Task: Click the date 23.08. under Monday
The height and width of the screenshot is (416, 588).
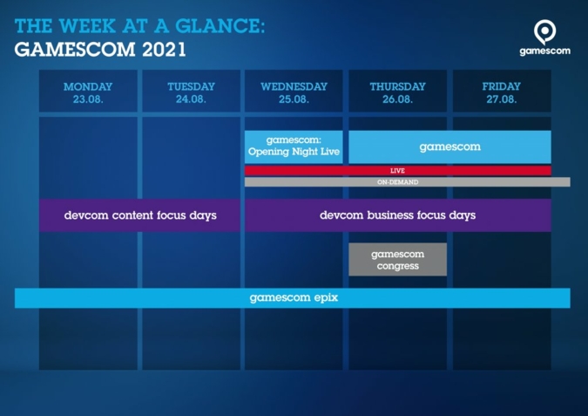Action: click(88, 99)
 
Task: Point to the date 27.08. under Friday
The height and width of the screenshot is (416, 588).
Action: click(501, 99)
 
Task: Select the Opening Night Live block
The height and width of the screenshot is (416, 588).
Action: click(294, 147)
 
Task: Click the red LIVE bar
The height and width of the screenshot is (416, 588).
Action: click(397, 170)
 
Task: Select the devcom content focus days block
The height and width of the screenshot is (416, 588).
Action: click(139, 215)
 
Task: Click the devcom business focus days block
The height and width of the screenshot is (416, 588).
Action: click(397, 215)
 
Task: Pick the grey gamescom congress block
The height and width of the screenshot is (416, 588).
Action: click(397, 259)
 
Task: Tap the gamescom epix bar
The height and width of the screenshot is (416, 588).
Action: click(293, 297)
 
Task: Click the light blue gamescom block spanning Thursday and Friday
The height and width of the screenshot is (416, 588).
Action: click(449, 147)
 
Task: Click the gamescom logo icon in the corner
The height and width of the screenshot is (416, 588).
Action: click(544, 31)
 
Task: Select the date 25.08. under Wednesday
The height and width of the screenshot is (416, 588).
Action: click(294, 99)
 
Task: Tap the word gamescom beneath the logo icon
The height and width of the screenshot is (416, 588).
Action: click(544, 51)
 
